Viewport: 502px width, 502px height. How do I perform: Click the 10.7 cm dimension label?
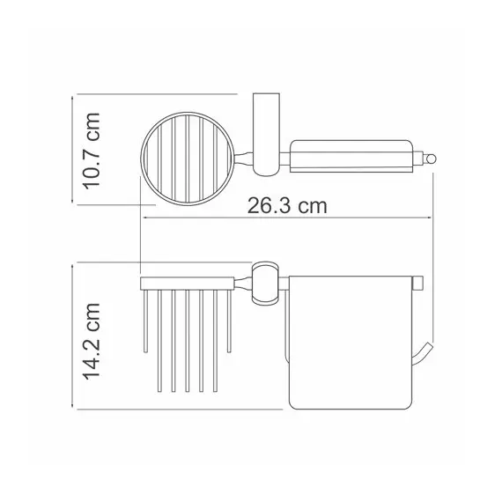92,151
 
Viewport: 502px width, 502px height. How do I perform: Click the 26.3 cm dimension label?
287,205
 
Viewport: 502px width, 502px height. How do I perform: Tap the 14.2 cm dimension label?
92,342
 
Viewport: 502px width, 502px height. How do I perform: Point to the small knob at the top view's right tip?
430,159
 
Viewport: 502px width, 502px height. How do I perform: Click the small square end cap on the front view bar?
417,283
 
